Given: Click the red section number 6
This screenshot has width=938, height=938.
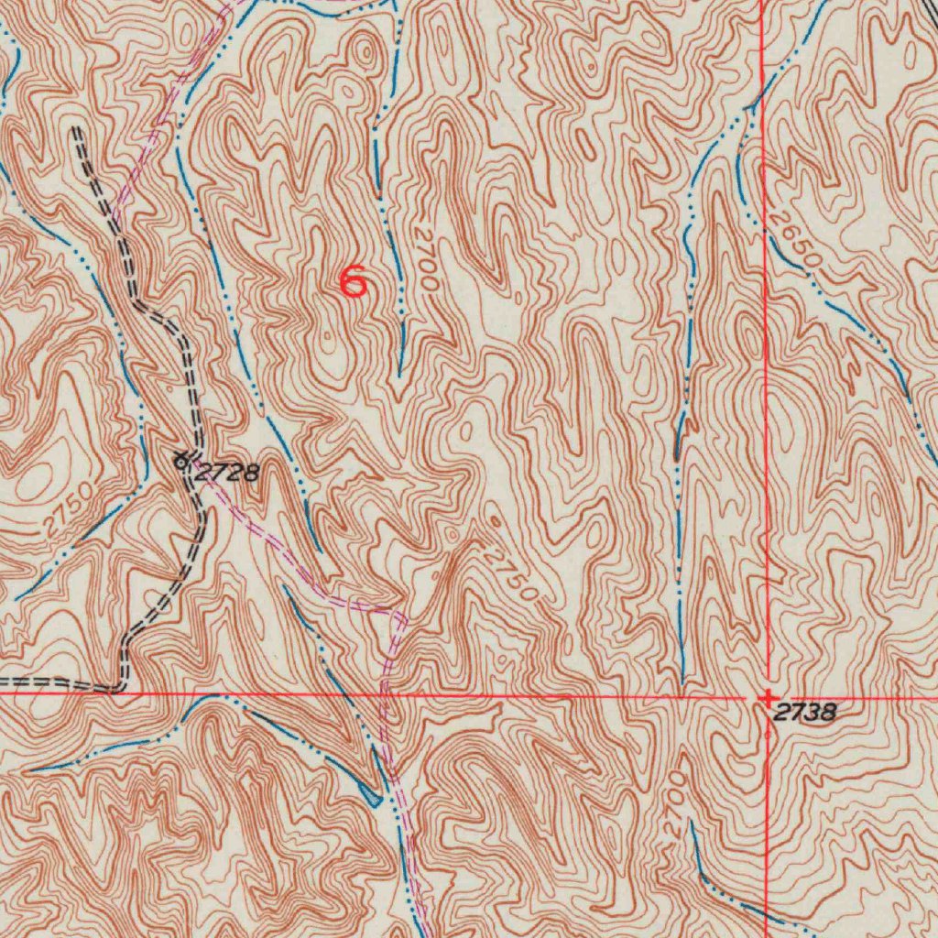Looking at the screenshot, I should (x=354, y=281).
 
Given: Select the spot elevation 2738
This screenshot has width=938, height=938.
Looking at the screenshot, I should (x=804, y=713).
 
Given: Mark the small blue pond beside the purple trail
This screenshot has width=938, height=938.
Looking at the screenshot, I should (x=371, y=793).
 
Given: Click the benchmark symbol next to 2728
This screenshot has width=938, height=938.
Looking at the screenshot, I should (x=182, y=461).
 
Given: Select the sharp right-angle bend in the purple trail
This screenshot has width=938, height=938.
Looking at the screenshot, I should (x=399, y=612).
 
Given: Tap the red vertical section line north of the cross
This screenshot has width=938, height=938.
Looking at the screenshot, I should (x=765, y=366).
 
